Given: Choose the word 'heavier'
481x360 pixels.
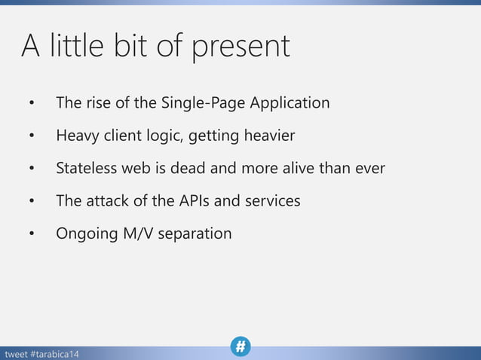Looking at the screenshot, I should [268, 136].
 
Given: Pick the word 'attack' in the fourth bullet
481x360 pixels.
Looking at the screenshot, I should [105, 201].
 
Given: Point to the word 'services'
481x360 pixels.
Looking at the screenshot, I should [273, 201].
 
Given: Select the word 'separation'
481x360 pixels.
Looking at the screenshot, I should [195, 234].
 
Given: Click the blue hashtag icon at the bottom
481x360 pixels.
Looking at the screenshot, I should [240, 346].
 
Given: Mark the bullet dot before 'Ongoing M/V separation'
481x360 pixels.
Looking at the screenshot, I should [32, 234].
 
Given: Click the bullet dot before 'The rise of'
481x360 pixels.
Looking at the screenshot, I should [32, 103].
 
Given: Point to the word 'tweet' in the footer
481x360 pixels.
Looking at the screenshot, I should [16, 354].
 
